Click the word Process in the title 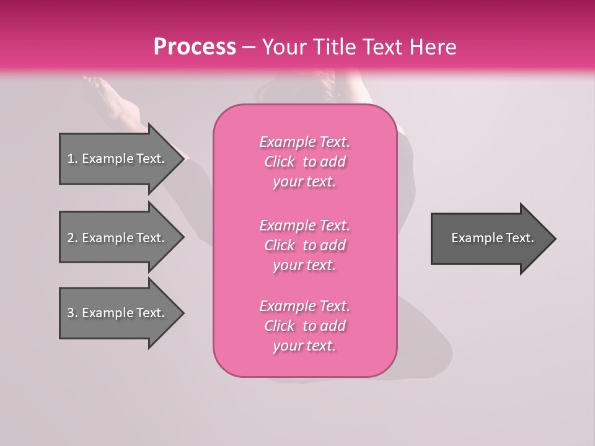(195, 47)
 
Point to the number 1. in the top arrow (73, 159)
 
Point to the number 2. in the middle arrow (73, 238)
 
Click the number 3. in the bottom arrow (73, 313)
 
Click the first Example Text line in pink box (304, 142)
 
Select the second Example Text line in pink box (304, 225)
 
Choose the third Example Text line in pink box (304, 306)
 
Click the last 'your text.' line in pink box (304, 346)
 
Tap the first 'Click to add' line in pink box (304, 162)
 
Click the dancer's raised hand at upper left (96, 83)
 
